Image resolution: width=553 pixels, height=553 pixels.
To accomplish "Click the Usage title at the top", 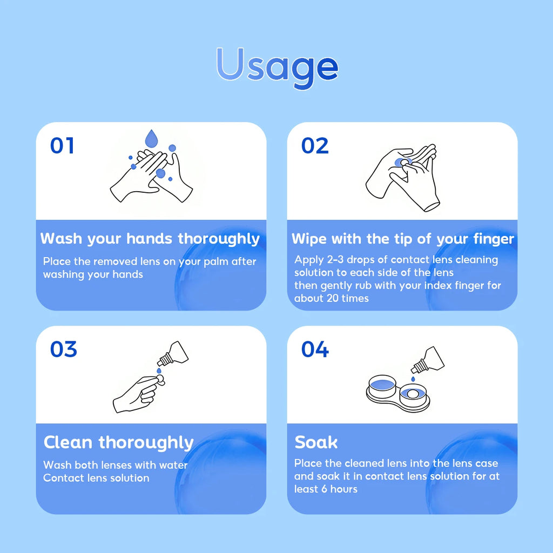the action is point(277,67).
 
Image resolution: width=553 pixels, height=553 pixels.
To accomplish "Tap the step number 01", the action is point(62,146).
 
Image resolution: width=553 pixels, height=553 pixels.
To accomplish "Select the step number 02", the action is point(315,146).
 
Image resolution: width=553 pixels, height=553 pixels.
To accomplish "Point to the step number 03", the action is point(64,349).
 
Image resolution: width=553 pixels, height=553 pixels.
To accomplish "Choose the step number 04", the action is point(315,349).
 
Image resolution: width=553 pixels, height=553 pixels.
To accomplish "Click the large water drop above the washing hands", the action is point(151,138).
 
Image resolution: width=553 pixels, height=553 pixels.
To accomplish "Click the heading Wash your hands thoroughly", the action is point(150,239).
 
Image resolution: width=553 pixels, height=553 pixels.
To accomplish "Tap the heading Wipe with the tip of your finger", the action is point(403,239).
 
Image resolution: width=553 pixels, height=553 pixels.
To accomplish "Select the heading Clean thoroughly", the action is point(118,443).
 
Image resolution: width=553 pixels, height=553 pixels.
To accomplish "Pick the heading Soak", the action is point(316,442).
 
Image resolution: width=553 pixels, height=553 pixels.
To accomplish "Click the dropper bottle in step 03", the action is point(173,353).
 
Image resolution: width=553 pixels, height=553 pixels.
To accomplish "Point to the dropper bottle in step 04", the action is point(428,360).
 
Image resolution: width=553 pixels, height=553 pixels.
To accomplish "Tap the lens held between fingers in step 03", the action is point(160,379).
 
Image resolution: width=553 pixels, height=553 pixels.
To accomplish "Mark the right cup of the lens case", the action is point(413,395).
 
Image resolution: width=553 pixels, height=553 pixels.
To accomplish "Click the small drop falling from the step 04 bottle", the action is point(413,379).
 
